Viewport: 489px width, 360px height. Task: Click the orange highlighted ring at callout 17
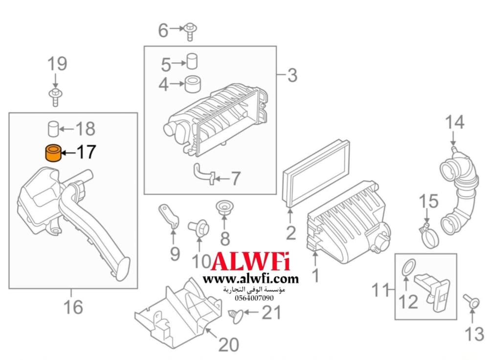click(x=54, y=153)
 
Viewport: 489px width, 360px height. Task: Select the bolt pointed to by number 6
click(x=190, y=31)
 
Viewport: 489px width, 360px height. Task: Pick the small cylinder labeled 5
click(x=192, y=61)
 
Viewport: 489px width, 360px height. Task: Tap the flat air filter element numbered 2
click(x=315, y=174)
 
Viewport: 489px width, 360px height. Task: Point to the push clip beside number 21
click(x=236, y=315)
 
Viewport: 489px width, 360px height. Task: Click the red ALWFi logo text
click(x=250, y=261)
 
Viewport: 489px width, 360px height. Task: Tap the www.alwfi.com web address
click(x=251, y=278)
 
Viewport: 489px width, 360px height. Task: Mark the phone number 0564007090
click(x=254, y=298)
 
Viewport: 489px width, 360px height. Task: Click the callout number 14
click(x=454, y=122)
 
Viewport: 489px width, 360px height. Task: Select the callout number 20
click(x=228, y=344)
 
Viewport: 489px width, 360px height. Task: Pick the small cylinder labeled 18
click(x=53, y=128)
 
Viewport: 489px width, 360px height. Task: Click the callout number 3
click(x=292, y=75)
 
